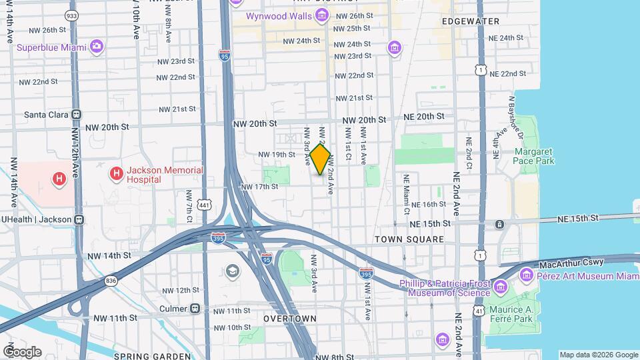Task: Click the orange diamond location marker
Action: (x=321, y=159)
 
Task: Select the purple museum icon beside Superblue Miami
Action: (x=97, y=46)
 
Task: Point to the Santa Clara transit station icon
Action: (x=77, y=114)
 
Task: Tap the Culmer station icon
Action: (x=195, y=309)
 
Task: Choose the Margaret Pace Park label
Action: (x=534, y=157)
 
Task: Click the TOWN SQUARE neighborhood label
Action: (x=409, y=239)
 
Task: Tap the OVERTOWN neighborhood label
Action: (x=289, y=319)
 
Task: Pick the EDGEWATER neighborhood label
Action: (x=474, y=21)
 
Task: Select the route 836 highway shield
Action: (x=111, y=281)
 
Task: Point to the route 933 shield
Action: (x=70, y=14)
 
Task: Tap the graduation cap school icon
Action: (x=232, y=271)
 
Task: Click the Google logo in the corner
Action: (x=22, y=351)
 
